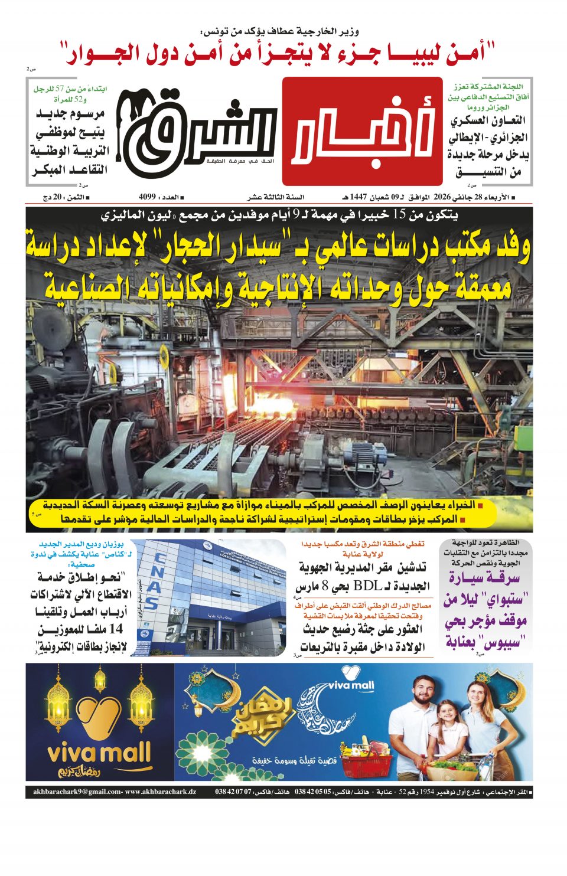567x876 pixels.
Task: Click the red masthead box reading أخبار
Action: pos(361,131)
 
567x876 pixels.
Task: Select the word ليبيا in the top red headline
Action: pos(418,53)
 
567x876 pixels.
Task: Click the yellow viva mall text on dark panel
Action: pos(99,754)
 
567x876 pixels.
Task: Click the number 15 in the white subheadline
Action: pos(400,215)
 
